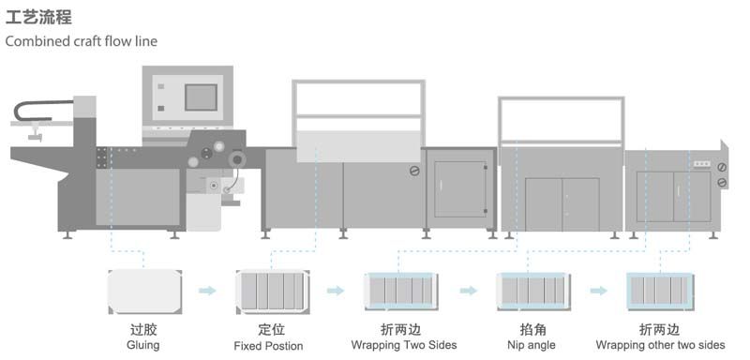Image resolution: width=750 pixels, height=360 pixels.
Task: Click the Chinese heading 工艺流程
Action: pyautogui.click(x=38, y=17)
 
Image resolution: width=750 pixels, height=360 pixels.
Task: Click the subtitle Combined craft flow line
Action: pyautogui.click(x=81, y=41)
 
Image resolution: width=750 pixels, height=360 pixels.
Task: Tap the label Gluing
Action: pyautogui.click(x=142, y=345)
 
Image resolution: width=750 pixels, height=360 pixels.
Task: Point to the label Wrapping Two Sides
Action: pyautogui.click(x=403, y=345)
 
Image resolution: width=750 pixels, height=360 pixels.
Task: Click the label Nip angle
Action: pyautogui.click(x=532, y=345)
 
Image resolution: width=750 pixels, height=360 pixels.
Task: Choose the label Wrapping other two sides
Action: pyautogui.click(x=660, y=345)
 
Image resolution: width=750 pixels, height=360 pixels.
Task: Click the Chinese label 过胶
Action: pyautogui.click(x=142, y=330)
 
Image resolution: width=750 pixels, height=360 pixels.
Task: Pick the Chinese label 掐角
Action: pyautogui.click(x=532, y=330)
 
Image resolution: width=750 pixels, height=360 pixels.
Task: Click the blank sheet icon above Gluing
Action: pyautogui.click(x=143, y=291)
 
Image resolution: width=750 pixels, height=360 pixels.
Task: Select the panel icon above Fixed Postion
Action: pyautogui.click(x=271, y=291)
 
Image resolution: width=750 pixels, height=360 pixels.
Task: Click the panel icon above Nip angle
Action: pyautogui.click(x=532, y=291)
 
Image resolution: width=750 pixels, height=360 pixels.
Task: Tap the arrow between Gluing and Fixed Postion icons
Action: pyautogui.click(x=207, y=291)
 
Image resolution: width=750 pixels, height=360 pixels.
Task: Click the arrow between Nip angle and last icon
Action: pyautogui.click(x=597, y=291)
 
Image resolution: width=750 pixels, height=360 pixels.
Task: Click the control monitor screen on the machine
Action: pyautogui.click(x=201, y=97)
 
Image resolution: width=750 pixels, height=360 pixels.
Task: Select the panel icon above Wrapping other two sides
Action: pyautogui.click(x=661, y=291)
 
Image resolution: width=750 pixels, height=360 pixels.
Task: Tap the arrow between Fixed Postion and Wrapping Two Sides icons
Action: pyautogui.click(x=335, y=291)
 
